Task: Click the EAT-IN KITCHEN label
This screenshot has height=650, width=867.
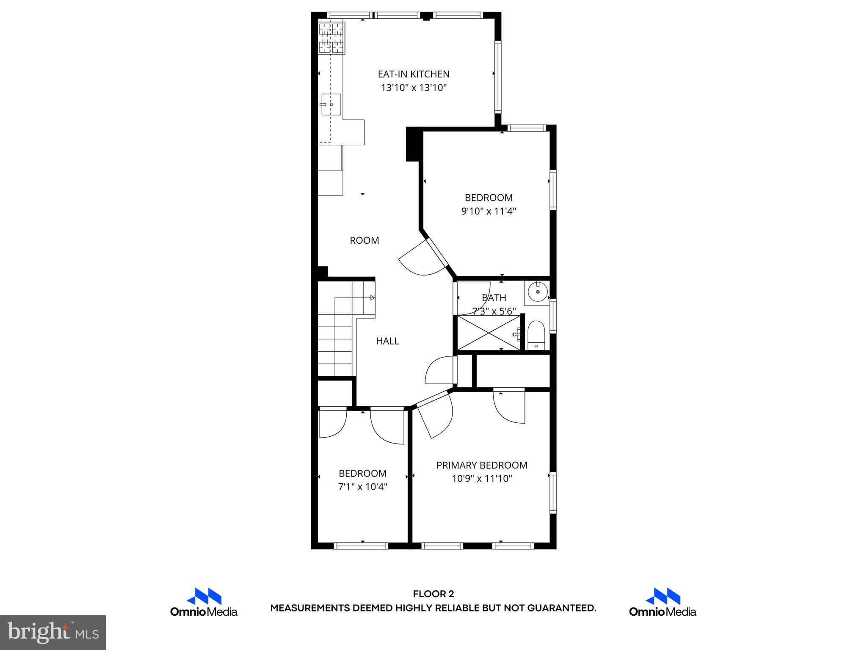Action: point(413,74)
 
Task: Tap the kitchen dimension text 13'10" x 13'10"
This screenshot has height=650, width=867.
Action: point(414,88)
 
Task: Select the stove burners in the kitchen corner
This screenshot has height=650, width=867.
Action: point(331,38)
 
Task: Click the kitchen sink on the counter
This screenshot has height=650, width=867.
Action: point(331,104)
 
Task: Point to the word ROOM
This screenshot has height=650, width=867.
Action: point(364,240)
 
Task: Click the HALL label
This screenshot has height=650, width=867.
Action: point(387,341)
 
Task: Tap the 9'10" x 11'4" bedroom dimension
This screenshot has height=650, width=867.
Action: point(489,211)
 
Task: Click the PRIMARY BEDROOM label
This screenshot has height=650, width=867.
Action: point(482,465)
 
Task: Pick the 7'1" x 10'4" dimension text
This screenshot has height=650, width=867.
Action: point(362,487)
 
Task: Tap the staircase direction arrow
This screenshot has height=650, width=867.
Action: point(372,298)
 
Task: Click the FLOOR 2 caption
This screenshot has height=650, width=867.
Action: point(433,594)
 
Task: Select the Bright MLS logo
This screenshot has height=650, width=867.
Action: point(53,632)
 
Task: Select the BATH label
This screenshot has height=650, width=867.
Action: point(494,297)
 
